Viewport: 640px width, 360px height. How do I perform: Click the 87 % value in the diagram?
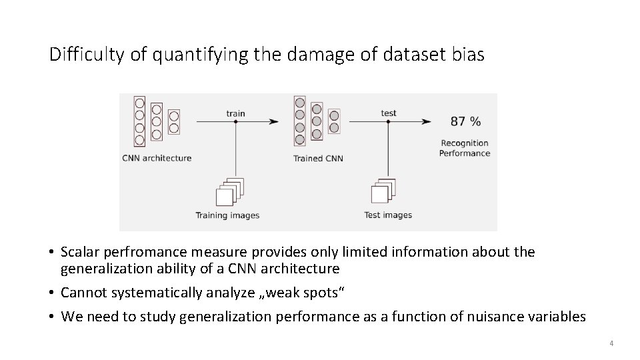pos(465,121)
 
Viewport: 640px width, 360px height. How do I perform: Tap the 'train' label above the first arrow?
pos(235,113)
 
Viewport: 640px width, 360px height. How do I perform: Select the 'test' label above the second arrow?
pos(389,113)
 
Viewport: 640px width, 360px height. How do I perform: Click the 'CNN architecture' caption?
pos(157,159)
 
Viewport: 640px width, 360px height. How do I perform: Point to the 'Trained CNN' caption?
pos(318,159)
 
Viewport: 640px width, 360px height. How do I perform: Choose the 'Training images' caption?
pos(227,215)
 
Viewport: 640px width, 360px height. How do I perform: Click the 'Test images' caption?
pos(388,215)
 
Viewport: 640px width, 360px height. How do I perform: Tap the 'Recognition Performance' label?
pos(465,148)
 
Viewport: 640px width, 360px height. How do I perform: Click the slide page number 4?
pos(611,343)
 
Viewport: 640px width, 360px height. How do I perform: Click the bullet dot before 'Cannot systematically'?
pos(51,293)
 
